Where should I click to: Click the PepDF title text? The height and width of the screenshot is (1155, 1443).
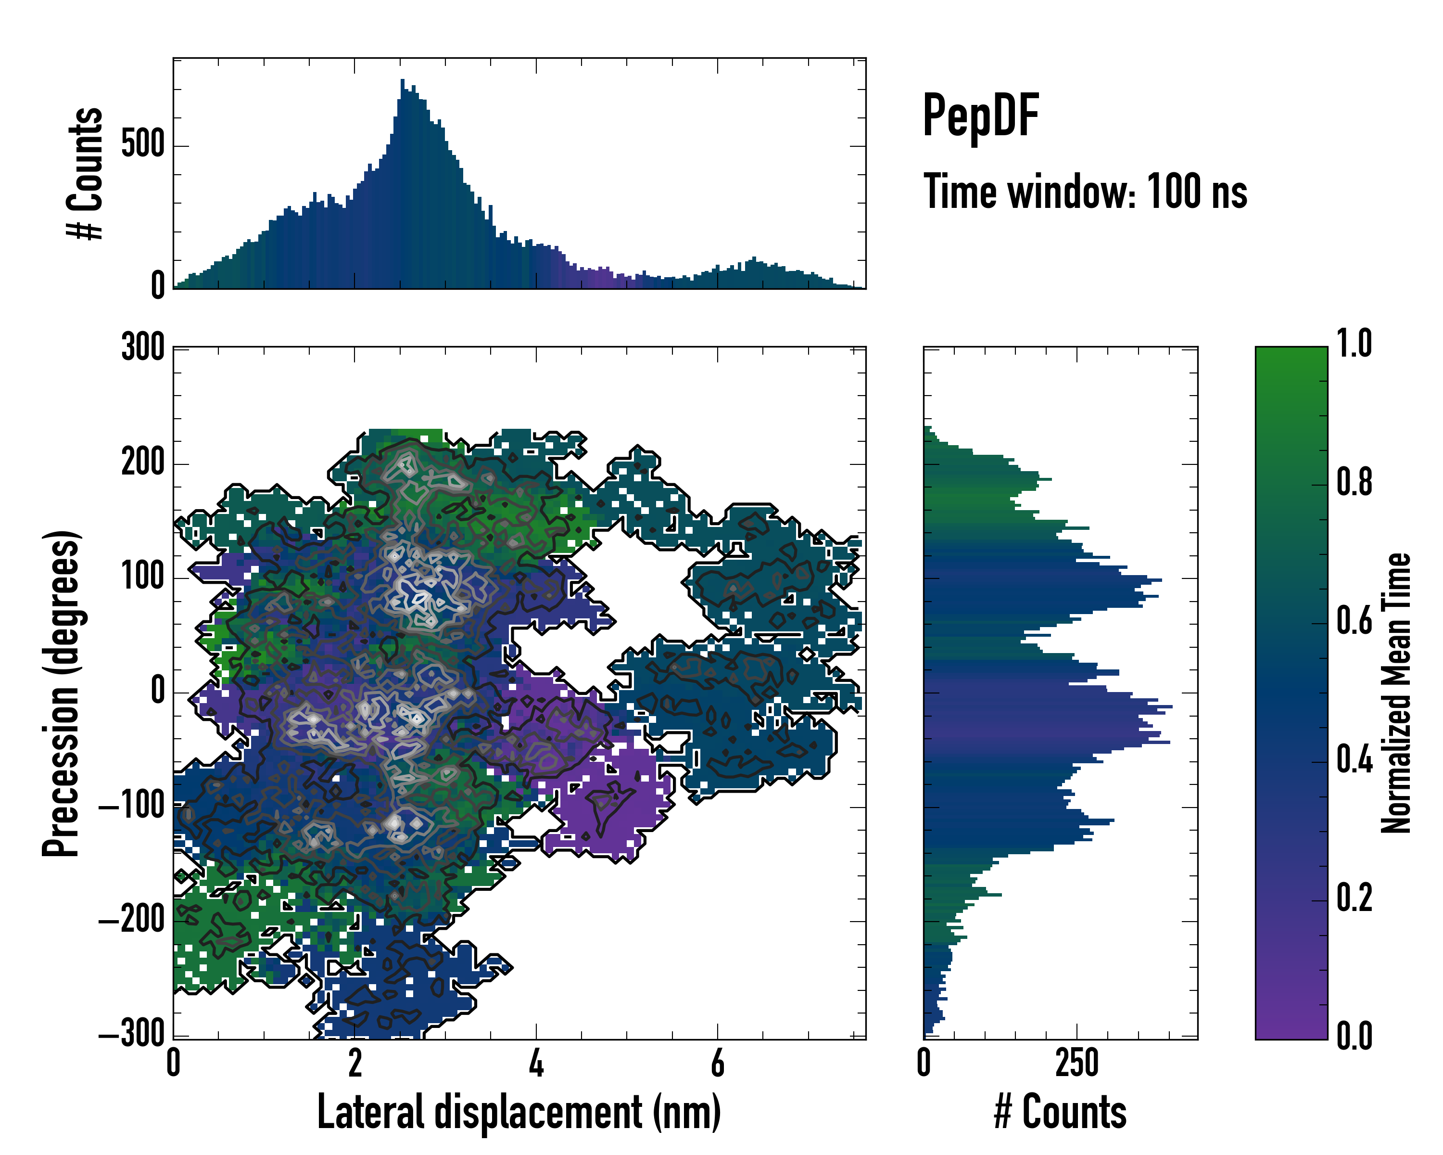click(x=980, y=115)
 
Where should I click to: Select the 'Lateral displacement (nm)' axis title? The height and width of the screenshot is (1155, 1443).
click(x=519, y=1112)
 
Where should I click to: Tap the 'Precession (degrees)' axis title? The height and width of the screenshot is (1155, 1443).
click(x=62, y=693)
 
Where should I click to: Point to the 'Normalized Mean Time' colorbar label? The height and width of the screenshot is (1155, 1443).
click(x=1396, y=693)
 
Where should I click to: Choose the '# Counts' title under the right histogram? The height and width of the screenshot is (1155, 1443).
click(x=1060, y=1112)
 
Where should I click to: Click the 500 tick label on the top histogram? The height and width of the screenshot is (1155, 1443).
click(x=142, y=145)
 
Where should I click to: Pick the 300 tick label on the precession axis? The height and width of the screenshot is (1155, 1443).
click(x=142, y=348)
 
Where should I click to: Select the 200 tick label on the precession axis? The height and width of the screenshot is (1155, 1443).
click(x=142, y=462)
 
